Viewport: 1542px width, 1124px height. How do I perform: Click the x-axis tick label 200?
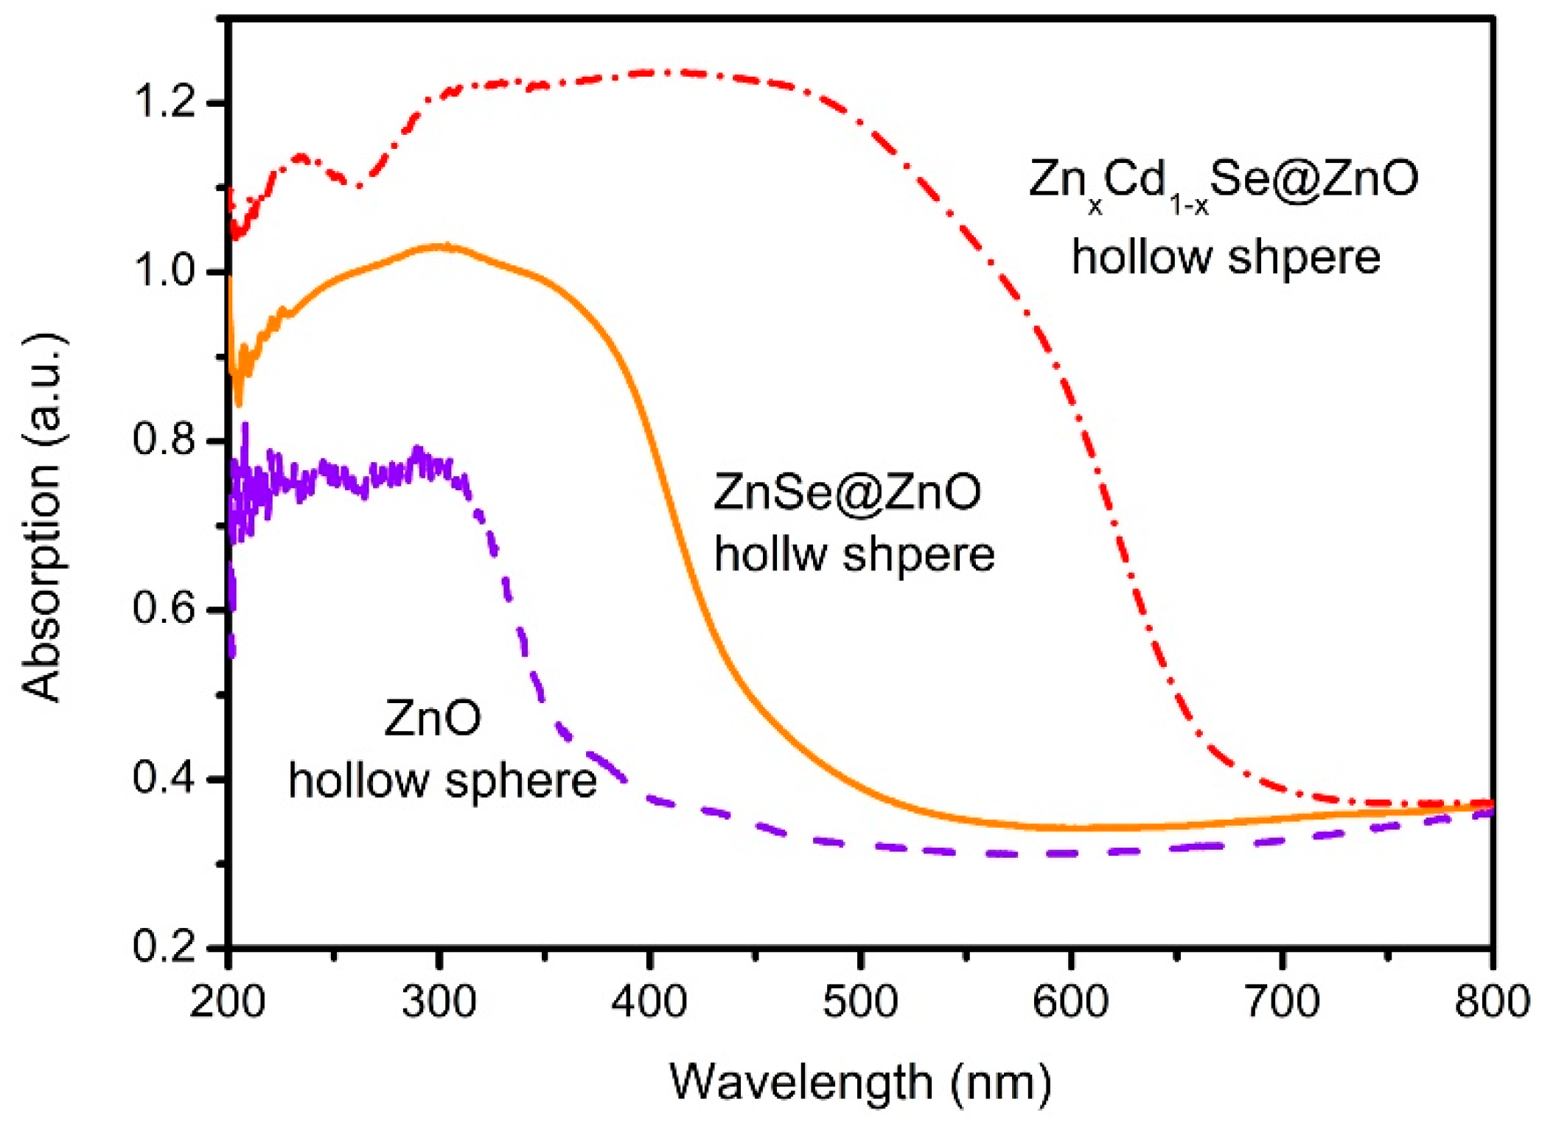point(227,1003)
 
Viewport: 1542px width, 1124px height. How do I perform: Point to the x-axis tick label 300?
point(439,1003)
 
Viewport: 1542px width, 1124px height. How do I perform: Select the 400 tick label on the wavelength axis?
point(649,1003)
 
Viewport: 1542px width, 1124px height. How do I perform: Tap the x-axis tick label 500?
point(860,1003)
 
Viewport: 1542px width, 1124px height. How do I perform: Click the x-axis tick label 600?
point(1071,1003)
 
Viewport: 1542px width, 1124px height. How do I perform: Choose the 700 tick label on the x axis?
point(1282,1003)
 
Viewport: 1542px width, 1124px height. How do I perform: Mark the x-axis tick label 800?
point(1491,1003)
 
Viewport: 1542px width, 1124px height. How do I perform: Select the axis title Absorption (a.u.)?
point(42,516)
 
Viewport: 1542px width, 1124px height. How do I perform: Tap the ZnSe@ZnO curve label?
point(848,492)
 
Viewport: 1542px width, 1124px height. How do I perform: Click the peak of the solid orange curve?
point(442,247)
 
